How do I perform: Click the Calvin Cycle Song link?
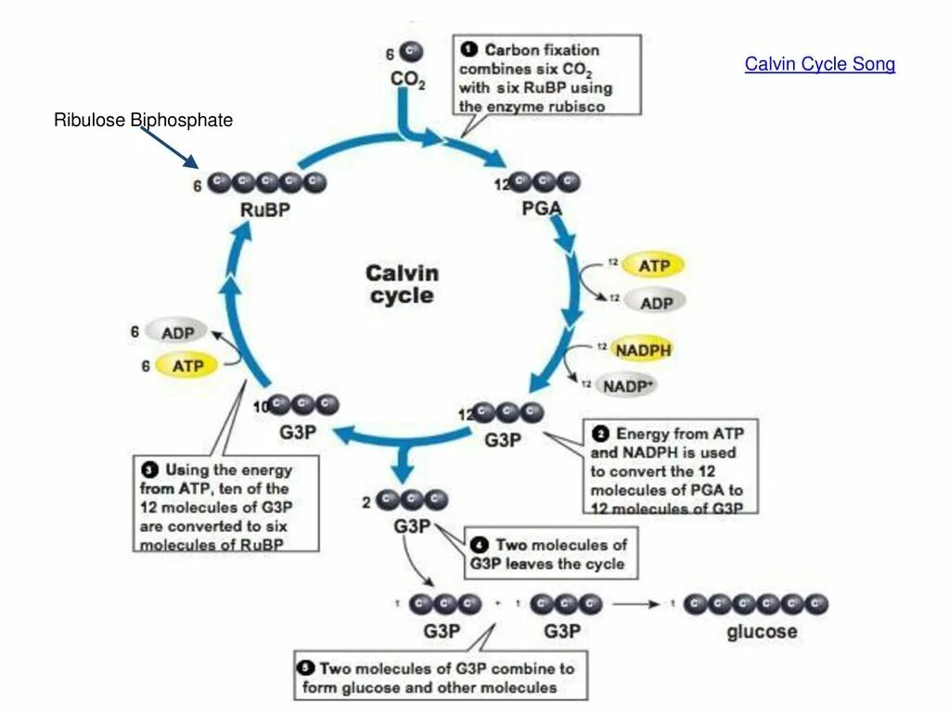click(x=819, y=64)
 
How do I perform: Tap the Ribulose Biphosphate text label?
click(x=143, y=120)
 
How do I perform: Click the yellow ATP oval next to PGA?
click(x=652, y=266)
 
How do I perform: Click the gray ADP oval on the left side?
click(x=177, y=332)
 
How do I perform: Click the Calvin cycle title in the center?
click(x=401, y=284)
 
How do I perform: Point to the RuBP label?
click(x=264, y=210)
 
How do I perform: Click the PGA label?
click(x=542, y=209)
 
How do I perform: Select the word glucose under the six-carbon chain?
click(x=761, y=632)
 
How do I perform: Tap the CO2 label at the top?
click(x=408, y=81)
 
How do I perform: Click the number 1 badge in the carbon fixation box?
click(x=469, y=50)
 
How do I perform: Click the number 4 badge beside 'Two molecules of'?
click(x=480, y=545)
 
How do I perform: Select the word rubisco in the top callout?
click(x=574, y=106)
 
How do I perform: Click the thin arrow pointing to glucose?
click(x=635, y=604)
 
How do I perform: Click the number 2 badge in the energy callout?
click(x=601, y=434)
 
